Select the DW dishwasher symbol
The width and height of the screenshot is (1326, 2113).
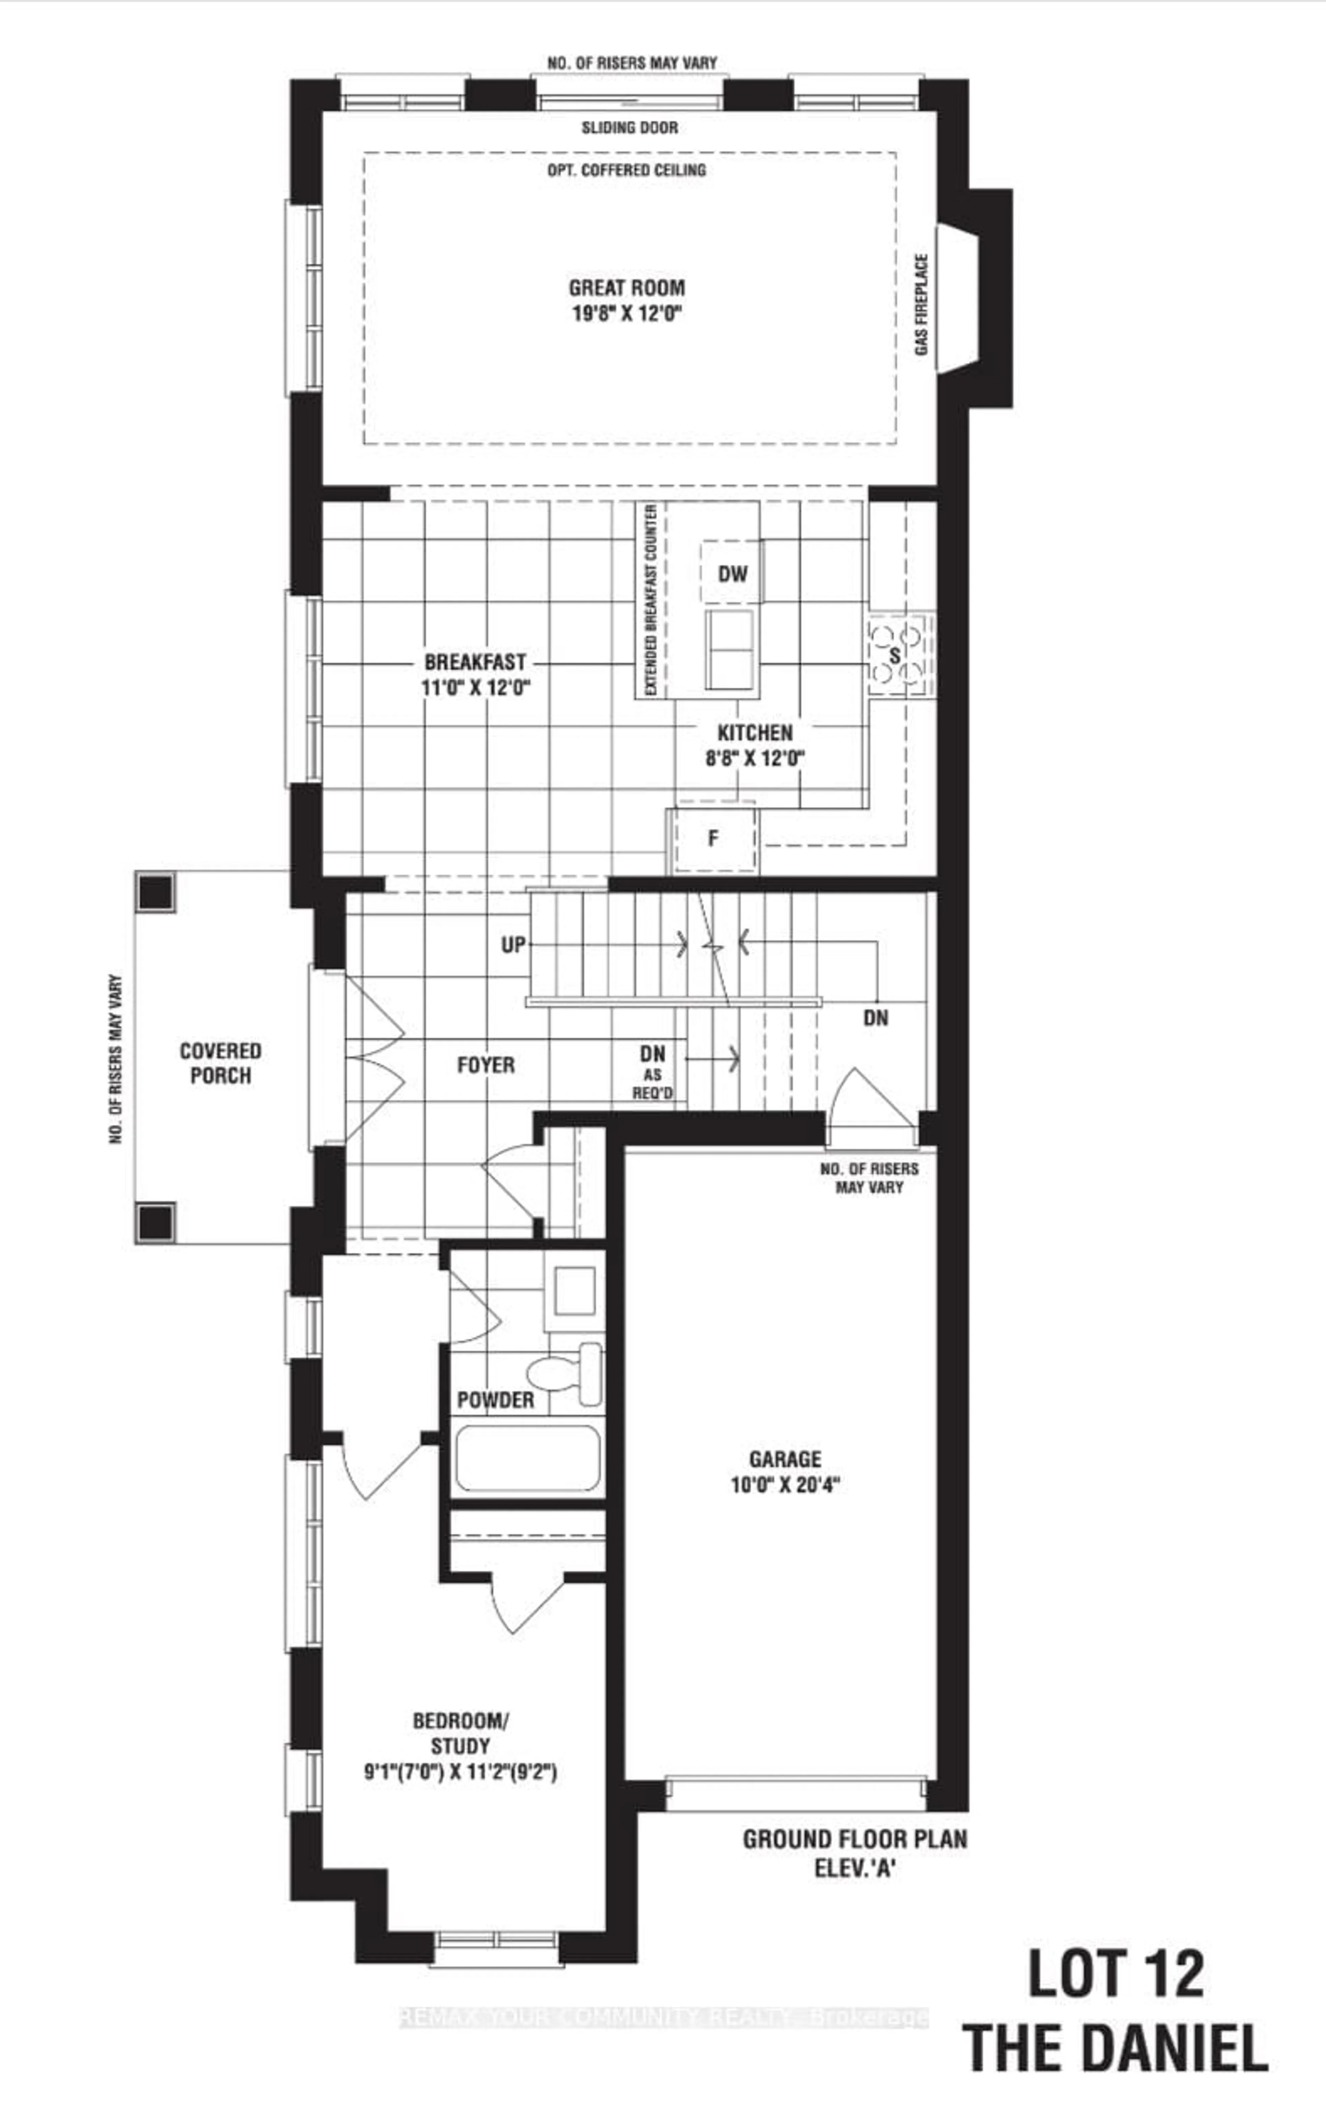(x=732, y=573)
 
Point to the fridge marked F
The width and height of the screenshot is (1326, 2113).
(x=713, y=839)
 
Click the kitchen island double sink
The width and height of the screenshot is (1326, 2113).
(x=730, y=650)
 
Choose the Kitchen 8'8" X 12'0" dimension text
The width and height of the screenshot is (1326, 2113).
(x=755, y=757)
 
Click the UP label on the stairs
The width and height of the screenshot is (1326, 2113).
(x=513, y=944)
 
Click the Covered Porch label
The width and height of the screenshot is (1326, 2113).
(x=220, y=1063)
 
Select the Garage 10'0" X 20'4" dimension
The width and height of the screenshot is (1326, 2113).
(x=785, y=1484)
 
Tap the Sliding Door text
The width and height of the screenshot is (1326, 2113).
(x=630, y=127)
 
